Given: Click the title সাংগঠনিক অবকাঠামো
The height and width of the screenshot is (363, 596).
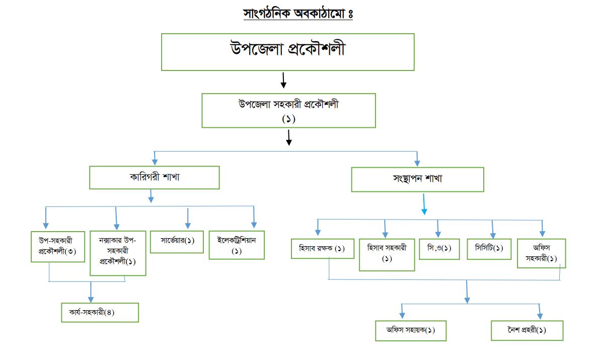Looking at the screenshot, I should (297, 14).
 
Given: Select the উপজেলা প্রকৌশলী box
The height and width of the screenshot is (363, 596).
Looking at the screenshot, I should (287, 52).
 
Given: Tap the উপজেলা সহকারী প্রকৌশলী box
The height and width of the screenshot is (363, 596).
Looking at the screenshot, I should (288, 111).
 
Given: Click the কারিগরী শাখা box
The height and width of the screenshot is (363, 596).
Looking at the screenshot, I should (155, 178).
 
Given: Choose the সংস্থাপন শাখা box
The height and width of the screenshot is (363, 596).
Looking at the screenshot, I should (417, 179).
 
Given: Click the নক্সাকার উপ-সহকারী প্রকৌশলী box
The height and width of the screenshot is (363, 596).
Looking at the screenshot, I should (118, 253).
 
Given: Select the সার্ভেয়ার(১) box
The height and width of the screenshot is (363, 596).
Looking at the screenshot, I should (177, 241).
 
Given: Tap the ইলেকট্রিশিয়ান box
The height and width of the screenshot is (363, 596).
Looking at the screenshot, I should (237, 245).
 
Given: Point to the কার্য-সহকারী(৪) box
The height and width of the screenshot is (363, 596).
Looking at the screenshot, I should (100, 312).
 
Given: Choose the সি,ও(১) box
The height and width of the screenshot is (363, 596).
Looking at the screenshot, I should (439, 249).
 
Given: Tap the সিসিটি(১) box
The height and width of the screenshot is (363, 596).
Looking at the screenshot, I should (489, 249).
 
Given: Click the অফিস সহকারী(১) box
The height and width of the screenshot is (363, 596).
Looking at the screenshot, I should (541, 253).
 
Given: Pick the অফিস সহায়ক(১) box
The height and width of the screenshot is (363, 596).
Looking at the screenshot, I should (411, 330).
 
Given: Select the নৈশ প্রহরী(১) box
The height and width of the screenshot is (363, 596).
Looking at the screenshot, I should (527, 330).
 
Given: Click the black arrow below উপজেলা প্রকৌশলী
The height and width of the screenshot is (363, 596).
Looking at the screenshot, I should (283, 80).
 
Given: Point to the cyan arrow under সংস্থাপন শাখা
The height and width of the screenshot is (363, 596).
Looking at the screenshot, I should (424, 205).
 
